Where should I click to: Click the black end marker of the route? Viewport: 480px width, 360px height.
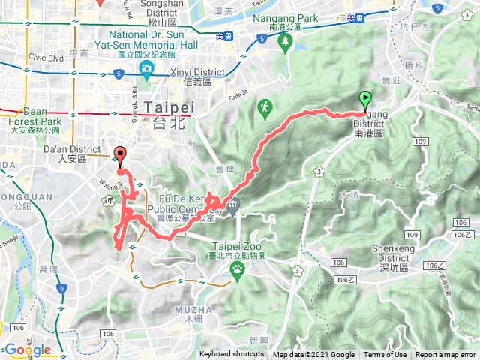tap(118, 157)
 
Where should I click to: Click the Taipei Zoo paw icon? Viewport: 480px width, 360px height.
tap(237, 269)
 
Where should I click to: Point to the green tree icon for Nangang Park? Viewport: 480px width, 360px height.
tap(285, 43)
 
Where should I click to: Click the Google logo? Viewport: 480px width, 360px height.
tap(27, 349)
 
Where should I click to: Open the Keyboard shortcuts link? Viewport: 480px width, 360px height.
tap(231, 355)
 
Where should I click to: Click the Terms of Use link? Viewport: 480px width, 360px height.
tap(385, 355)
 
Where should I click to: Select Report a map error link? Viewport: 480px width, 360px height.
tap(445, 355)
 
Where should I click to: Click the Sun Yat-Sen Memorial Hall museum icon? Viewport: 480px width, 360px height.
tap(146, 70)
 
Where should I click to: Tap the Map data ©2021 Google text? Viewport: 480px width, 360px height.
tap(313, 355)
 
